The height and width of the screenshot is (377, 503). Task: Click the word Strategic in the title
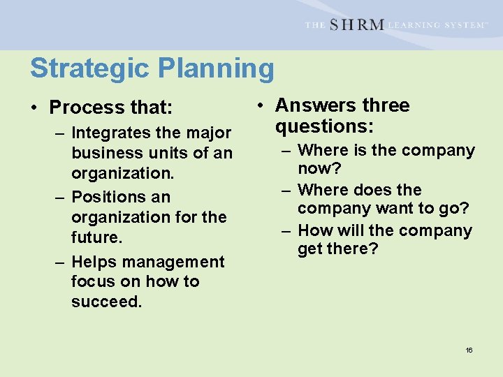pos(89,68)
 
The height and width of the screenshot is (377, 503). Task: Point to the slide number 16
pos(469,350)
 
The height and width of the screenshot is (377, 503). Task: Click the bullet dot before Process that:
pos(34,108)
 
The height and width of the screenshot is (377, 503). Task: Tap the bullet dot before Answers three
pos(259,106)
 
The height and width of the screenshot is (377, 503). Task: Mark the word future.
pos(96,237)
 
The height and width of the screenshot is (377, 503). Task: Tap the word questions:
pos(324,126)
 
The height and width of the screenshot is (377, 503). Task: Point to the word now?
pos(319,169)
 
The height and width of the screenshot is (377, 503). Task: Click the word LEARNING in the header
pos(416,25)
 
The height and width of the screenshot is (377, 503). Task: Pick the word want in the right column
pos(395,209)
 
